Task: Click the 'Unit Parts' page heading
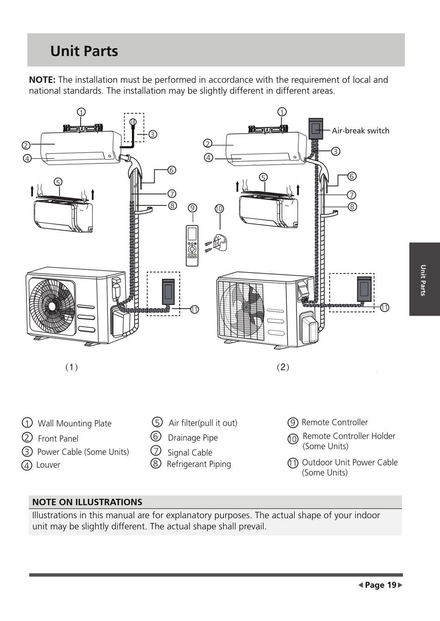[x=84, y=51]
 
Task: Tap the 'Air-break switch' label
[x=360, y=130]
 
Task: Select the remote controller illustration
[x=192, y=246]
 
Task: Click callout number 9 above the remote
[x=193, y=208]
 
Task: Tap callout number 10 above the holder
[x=219, y=209]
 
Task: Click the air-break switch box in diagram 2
[x=316, y=129]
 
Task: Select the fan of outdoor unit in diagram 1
[x=52, y=306]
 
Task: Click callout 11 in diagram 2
[x=384, y=307]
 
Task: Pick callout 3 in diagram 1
[x=152, y=135]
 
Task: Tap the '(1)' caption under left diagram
[x=72, y=367]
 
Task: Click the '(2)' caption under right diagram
[x=283, y=367]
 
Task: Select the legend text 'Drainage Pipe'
[x=193, y=438]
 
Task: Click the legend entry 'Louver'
[x=48, y=465]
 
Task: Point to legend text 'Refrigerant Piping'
[x=199, y=464]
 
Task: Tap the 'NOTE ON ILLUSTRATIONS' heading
[x=87, y=502]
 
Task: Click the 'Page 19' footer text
[x=380, y=585]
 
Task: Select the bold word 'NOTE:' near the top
[x=43, y=80]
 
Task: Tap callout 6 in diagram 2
[x=352, y=176]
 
